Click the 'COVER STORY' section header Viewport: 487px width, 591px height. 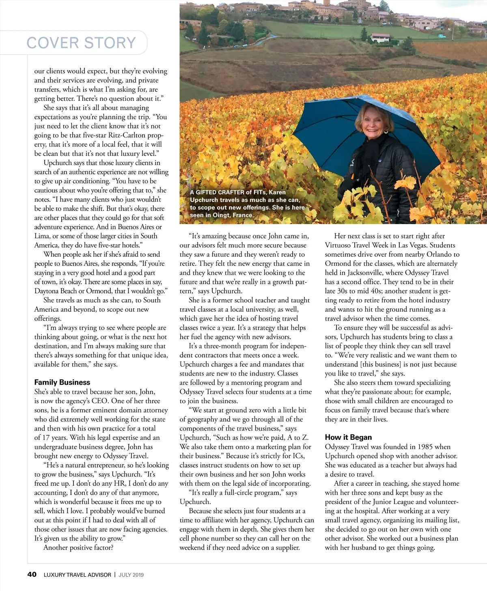coord(81,43)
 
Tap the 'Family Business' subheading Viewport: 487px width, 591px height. coord(62,382)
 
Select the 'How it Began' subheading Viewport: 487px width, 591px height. coord(348,437)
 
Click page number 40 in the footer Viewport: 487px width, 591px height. coord(32,574)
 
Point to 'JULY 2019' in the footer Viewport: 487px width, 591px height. coord(131,575)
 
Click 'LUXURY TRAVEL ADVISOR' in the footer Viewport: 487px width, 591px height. coord(77,575)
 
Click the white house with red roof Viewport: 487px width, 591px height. coord(380,38)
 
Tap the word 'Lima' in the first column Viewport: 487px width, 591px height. coord(42,236)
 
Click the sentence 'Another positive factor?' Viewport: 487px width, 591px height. coord(78,548)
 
